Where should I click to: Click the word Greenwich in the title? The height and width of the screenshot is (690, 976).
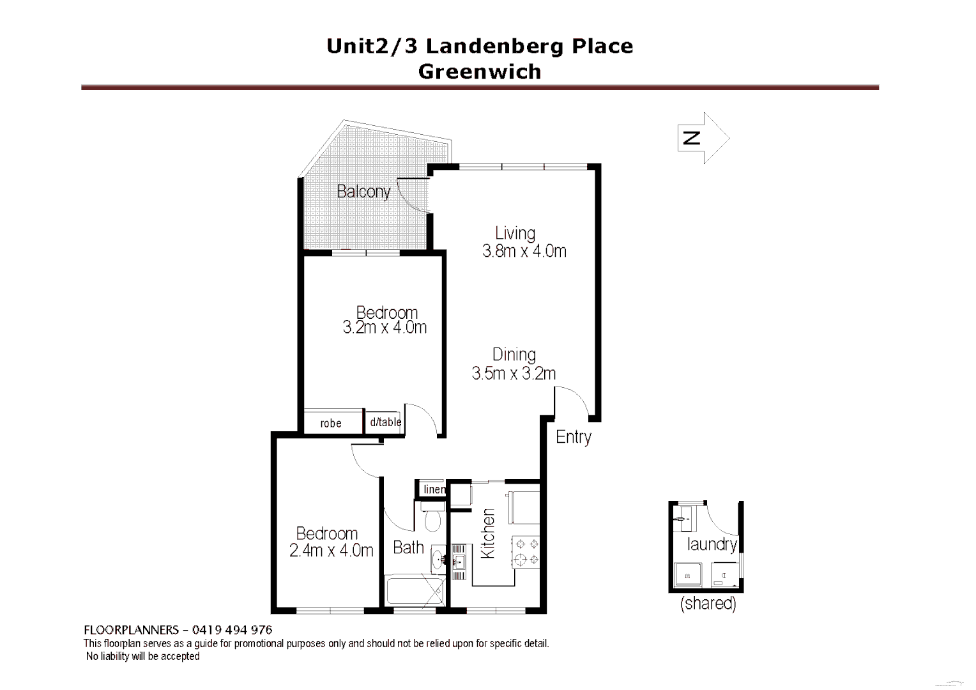click(x=479, y=72)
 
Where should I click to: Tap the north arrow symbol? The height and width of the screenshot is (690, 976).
click(x=703, y=138)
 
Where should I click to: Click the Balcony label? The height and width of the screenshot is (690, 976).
click(x=363, y=191)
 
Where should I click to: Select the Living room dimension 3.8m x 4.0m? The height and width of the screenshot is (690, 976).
click(x=524, y=251)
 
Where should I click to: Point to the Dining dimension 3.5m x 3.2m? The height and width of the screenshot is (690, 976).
click(x=514, y=373)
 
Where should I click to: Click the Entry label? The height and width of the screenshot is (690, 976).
click(x=573, y=437)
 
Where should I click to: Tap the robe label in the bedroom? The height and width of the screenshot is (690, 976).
click(x=331, y=423)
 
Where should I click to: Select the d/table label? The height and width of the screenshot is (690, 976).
click(x=385, y=422)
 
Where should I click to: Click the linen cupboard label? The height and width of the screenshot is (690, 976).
click(x=434, y=489)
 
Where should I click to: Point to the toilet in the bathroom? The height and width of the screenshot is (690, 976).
click(x=432, y=519)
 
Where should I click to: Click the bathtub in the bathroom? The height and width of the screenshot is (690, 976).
click(x=415, y=592)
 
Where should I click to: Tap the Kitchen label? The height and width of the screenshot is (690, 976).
click(x=488, y=533)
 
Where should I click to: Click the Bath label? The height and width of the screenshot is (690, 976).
click(x=408, y=548)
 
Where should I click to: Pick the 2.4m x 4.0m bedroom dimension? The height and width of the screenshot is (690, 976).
click(x=331, y=550)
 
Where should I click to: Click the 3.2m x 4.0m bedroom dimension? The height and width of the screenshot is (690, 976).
click(x=385, y=328)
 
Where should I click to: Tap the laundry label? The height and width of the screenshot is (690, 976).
click(x=712, y=544)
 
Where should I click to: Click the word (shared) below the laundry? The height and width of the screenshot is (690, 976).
click(x=708, y=603)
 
